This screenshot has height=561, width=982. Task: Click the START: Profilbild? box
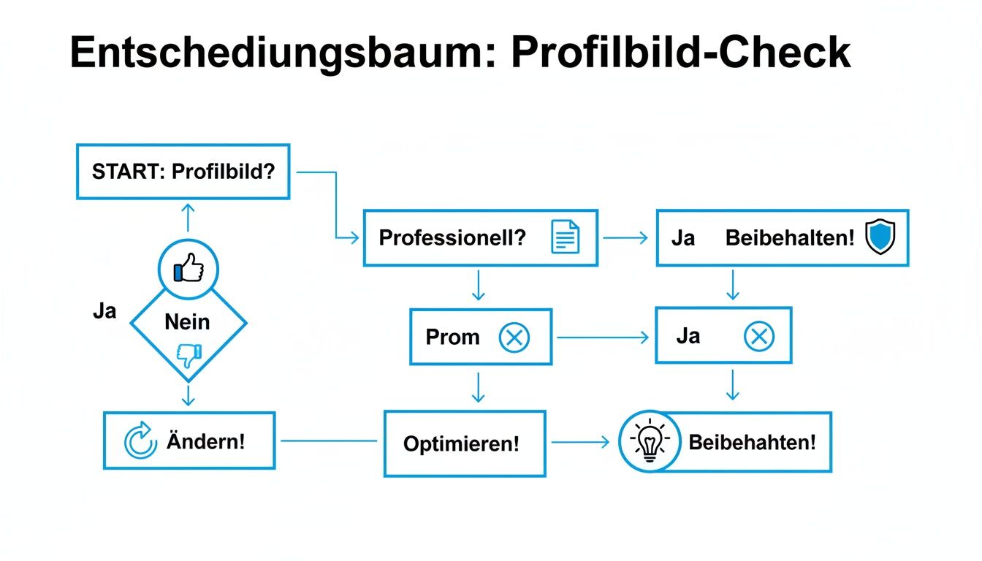tap(183, 172)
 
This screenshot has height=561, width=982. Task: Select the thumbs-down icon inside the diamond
tap(189, 355)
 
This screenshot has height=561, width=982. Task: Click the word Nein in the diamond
tap(187, 321)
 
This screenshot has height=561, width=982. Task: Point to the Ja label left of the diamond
tap(104, 311)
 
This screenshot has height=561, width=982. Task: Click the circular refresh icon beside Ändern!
tap(140, 440)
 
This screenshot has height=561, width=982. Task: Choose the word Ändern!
tap(205, 441)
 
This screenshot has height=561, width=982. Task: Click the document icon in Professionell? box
tap(565, 237)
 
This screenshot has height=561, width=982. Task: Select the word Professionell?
tap(452, 237)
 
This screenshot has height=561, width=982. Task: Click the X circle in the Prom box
tap(514, 337)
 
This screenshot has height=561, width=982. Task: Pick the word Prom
tap(452, 337)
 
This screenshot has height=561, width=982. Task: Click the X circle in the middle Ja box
tap(758, 337)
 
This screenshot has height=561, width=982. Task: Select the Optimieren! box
tap(464, 443)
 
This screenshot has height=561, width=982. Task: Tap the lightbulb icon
tap(650, 441)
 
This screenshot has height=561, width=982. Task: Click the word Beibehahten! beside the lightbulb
tap(752, 442)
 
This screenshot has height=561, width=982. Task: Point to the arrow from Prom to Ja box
tap(602, 337)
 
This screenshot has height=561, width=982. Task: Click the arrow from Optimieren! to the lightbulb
tap(579, 442)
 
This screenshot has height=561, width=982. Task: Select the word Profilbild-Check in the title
tap(680, 53)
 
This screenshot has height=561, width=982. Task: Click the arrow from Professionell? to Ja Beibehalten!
tap(625, 237)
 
